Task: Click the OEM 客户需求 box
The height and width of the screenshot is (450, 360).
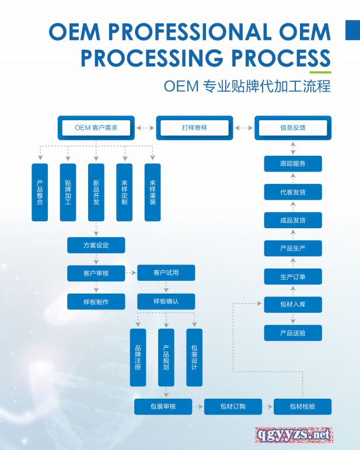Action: [x=96, y=127]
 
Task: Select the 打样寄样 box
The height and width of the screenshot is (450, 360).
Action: [x=194, y=127]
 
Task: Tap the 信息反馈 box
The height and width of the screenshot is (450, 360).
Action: [x=292, y=127]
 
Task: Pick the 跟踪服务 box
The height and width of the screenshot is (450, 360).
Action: [x=292, y=164]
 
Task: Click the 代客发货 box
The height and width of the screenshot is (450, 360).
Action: [x=292, y=192]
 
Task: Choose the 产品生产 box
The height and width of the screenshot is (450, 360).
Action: [x=292, y=248]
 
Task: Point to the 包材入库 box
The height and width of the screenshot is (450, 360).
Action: [x=292, y=304]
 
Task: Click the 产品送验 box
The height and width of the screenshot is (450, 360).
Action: [x=292, y=333]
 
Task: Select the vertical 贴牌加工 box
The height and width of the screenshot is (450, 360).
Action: [x=68, y=192]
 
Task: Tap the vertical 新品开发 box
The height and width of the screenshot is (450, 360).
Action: [x=96, y=192]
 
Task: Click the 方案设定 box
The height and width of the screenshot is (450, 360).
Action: [x=96, y=245]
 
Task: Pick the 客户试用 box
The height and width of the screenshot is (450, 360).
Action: [x=166, y=273]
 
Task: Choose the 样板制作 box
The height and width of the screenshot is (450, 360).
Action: [x=96, y=301]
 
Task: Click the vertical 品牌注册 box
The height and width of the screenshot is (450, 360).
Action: [x=138, y=357]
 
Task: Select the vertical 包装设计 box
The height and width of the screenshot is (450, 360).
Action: [x=194, y=357]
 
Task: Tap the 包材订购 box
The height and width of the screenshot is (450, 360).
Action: [x=233, y=406]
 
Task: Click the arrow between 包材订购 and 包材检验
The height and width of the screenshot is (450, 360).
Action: [x=267, y=406]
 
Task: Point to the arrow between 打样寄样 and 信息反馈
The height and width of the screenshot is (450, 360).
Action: [x=243, y=127]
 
